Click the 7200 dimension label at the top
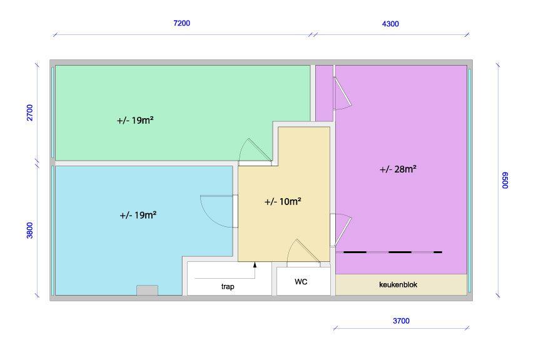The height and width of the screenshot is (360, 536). (x=181, y=23)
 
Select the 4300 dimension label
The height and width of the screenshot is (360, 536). (x=390, y=24)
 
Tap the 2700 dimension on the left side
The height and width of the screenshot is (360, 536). (x=29, y=113)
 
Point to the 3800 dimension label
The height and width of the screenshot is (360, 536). (x=29, y=230)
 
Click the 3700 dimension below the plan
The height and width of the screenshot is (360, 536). (x=401, y=321)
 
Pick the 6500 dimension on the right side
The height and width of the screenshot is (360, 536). (x=506, y=181)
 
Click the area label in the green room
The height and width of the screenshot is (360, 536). (x=135, y=121)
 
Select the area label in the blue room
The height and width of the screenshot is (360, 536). (x=138, y=215)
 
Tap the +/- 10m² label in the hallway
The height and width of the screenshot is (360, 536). (x=283, y=202)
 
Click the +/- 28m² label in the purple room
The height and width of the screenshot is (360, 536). (x=398, y=169)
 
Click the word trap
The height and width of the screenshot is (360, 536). (x=228, y=286)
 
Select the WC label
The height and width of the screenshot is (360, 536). (x=301, y=282)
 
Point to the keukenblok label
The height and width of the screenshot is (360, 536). (x=398, y=285)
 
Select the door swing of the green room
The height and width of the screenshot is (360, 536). (x=255, y=151)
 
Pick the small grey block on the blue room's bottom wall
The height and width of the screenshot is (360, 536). (x=147, y=290)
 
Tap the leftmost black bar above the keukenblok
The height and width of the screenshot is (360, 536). (x=355, y=252)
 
